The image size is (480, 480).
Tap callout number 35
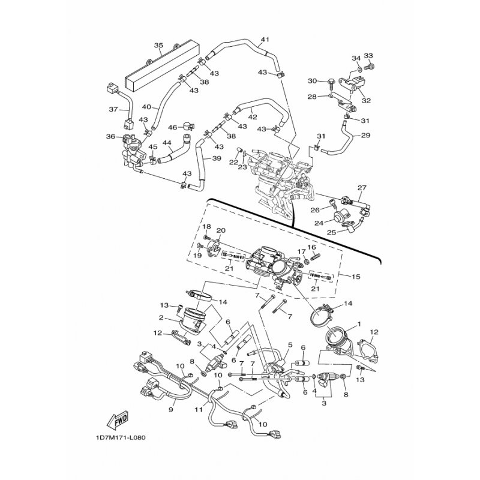158,46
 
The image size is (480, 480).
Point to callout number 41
265,40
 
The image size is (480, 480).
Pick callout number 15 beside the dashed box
356,277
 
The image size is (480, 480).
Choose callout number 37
113,109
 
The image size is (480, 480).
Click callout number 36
111,137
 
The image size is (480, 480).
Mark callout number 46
173,127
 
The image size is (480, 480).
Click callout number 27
362,187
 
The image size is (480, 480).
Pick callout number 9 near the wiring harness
171,410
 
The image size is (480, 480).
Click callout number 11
199,409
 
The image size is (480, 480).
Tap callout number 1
359,323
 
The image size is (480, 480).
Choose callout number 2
161,318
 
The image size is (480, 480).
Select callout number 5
290,345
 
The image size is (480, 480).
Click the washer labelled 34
359,68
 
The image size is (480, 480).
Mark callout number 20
221,230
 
